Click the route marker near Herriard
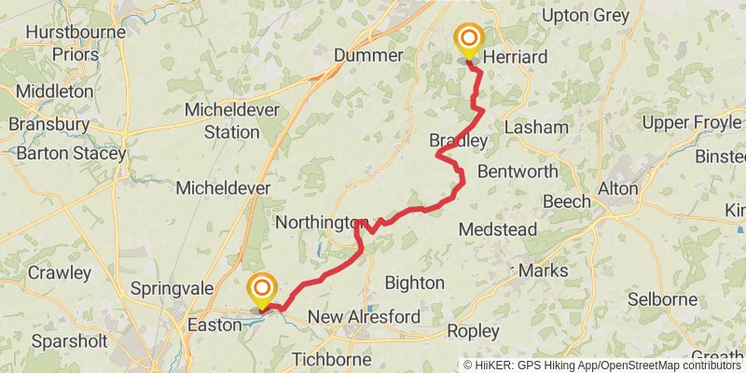point(468,42)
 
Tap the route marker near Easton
point(263,290)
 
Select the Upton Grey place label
point(586,16)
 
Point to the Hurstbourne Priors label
point(62,43)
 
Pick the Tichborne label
point(331,359)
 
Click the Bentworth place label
point(518,172)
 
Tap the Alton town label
point(618,188)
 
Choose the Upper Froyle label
point(692,123)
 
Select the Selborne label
point(662,299)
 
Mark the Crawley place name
point(60,273)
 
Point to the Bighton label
point(414,282)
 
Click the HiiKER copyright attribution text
point(603,366)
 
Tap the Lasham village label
point(536,128)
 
